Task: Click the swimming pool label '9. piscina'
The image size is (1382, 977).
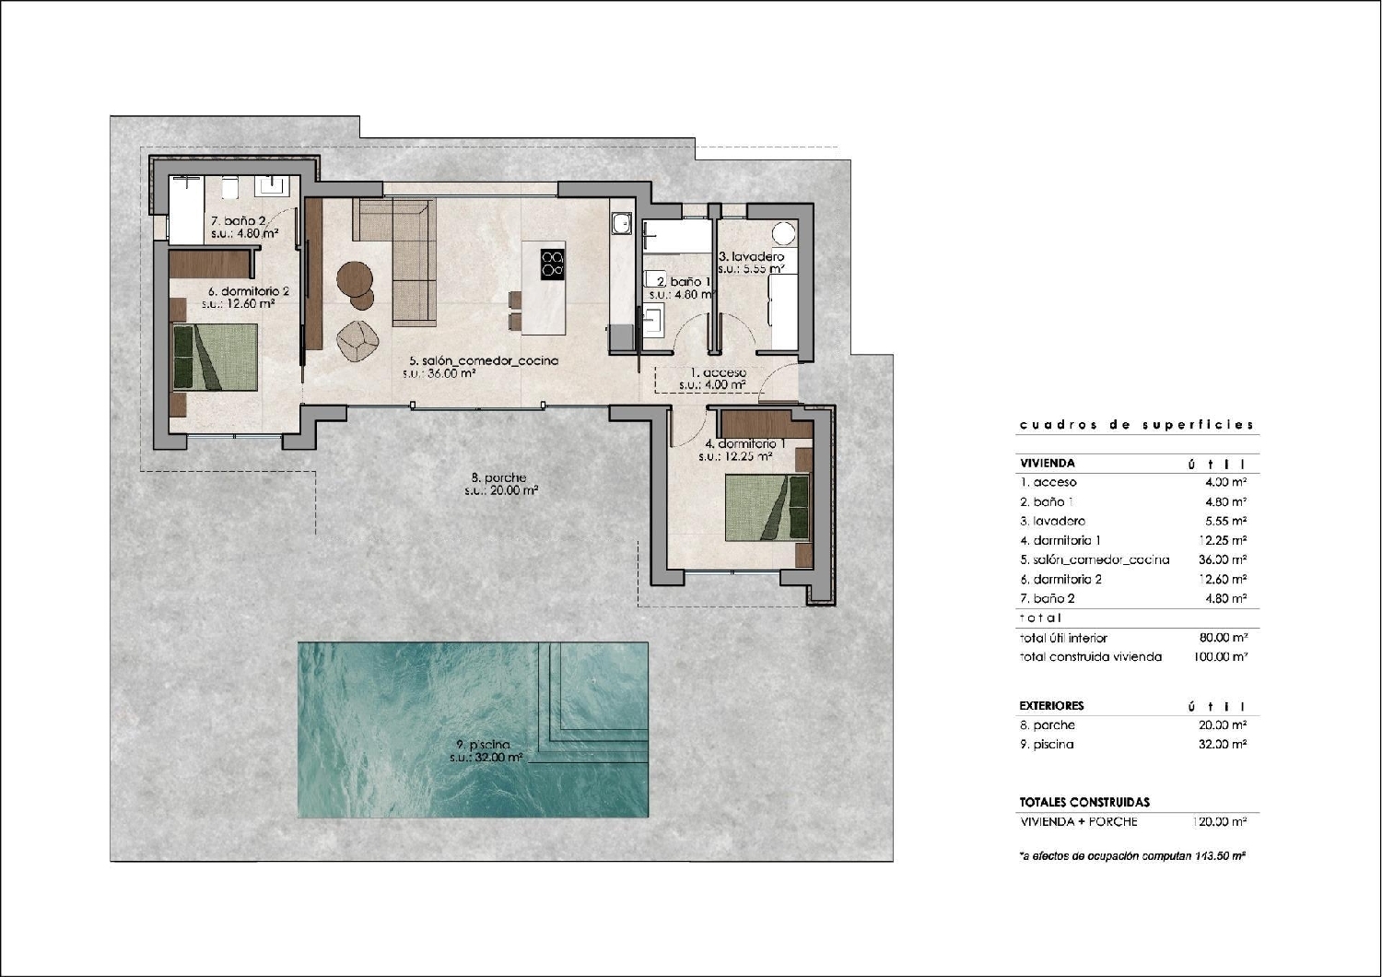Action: click(483, 745)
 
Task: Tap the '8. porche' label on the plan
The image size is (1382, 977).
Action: click(498, 477)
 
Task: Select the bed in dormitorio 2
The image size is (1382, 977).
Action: click(216, 358)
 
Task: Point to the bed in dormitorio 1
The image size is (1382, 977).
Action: click(767, 507)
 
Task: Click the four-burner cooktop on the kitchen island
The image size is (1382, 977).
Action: click(553, 264)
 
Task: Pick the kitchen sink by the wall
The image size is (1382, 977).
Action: click(620, 223)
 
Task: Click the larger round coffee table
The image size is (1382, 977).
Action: click(354, 278)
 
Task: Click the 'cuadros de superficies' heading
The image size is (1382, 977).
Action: click(1136, 425)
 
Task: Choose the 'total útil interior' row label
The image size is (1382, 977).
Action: click(1063, 638)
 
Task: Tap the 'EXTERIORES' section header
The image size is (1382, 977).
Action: click(1051, 705)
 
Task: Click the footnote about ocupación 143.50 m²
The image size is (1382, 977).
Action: click(1132, 856)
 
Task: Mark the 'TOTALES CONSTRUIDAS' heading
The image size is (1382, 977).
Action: click(1084, 802)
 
